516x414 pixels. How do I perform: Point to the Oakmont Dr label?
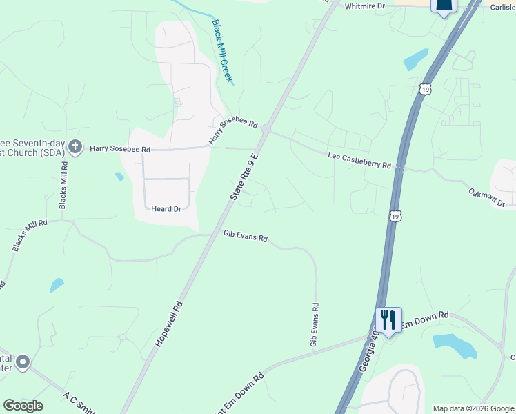point(487,197)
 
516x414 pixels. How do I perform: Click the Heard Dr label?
point(166,208)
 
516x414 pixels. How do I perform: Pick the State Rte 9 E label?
point(245,177)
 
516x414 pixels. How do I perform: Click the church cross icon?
point(75,147)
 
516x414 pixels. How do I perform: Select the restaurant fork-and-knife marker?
point(388,319)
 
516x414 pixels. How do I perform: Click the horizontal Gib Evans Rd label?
point(245,236)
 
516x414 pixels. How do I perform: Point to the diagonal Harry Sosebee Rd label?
point(233,131)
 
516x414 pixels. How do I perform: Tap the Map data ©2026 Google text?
point(473,408)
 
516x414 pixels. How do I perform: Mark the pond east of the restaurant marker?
point(455,345)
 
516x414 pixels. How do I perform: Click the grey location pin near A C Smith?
point(23,362)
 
